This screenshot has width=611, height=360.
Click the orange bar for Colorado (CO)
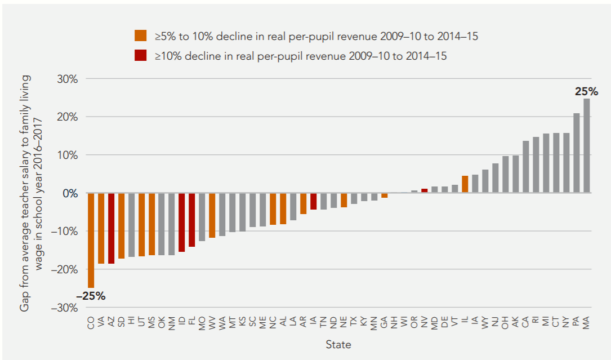(91, 240)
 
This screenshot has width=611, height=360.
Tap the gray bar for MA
(586, 146)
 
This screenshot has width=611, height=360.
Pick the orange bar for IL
(465, 184)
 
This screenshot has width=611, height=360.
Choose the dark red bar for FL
(191, 220)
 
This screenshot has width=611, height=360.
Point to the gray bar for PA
(576, 153)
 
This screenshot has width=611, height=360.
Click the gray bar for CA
(525, 167)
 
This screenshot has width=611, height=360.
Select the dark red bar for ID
(181, 222)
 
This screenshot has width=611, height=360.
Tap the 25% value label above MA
(586, 91)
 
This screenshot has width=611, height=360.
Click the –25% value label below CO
(91, 296)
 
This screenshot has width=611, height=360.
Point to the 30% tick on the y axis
(66, 79)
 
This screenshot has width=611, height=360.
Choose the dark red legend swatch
(140, 55)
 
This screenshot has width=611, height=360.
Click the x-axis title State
(338, 344)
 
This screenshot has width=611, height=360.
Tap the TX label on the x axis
(354, 323)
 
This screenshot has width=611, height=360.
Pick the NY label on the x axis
(566, 323)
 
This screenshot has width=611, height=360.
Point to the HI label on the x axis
(131, 322)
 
